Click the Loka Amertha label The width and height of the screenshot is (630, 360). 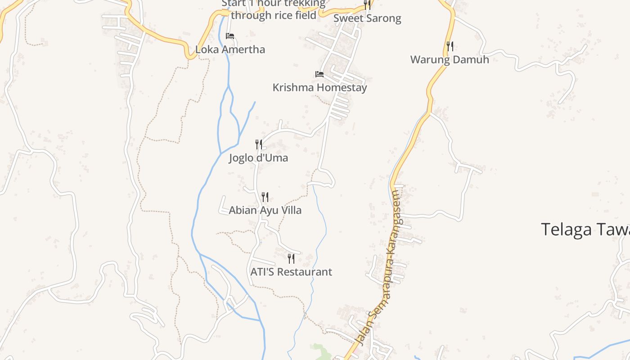tap(230, 49)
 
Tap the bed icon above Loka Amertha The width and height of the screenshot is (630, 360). tap(230, 36)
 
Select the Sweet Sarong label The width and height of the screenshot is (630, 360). tap(367, 18)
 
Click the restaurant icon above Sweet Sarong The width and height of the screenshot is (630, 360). tap(367, 5)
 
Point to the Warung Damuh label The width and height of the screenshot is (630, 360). tap(450, 59)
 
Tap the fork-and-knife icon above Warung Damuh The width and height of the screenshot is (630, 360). tap(450, 46)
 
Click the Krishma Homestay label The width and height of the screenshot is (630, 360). tap(319, 87)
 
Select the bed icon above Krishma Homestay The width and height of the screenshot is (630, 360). tap(319, 74)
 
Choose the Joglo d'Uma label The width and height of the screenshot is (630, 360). tap(258, 158)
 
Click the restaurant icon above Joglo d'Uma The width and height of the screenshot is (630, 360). tap(259, 144)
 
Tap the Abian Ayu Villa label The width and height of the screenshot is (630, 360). tap(265, 210)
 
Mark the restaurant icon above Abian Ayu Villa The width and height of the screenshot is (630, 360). tap(265, 197)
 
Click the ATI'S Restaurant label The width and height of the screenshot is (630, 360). tap(291, 272)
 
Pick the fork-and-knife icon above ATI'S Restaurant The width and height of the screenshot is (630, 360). tap(291, 258)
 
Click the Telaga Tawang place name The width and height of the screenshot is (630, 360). tap(585, 229)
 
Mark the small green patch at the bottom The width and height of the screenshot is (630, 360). tap(319, 351)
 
